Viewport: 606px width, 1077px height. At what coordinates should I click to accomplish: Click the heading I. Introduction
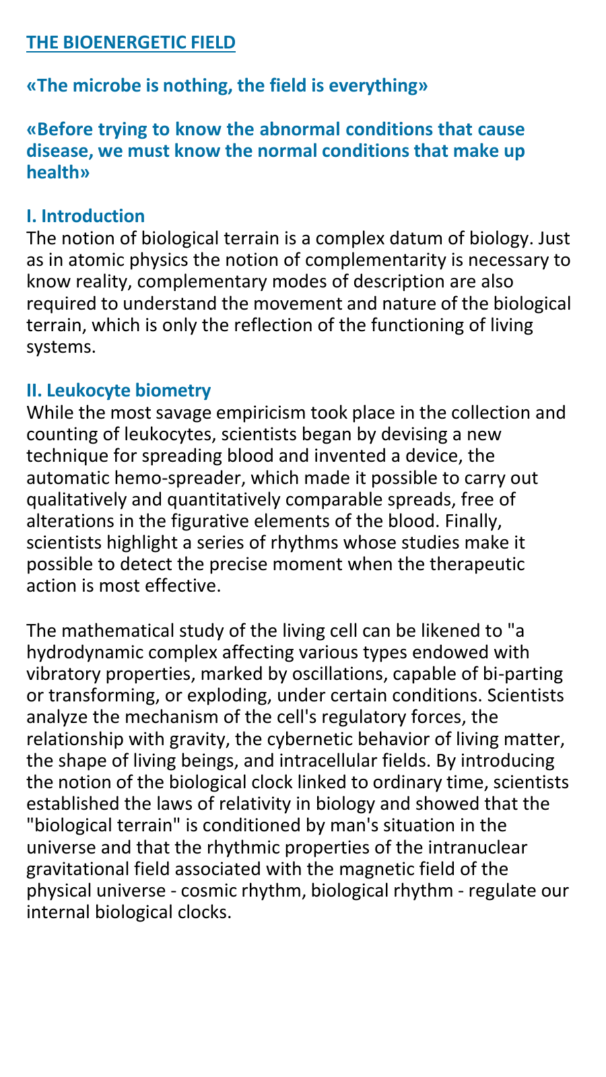[x=86, y=216]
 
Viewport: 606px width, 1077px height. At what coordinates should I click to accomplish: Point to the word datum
[x=412, y=238]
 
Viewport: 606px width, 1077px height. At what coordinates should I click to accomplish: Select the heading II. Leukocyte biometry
[x=119, y=390]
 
